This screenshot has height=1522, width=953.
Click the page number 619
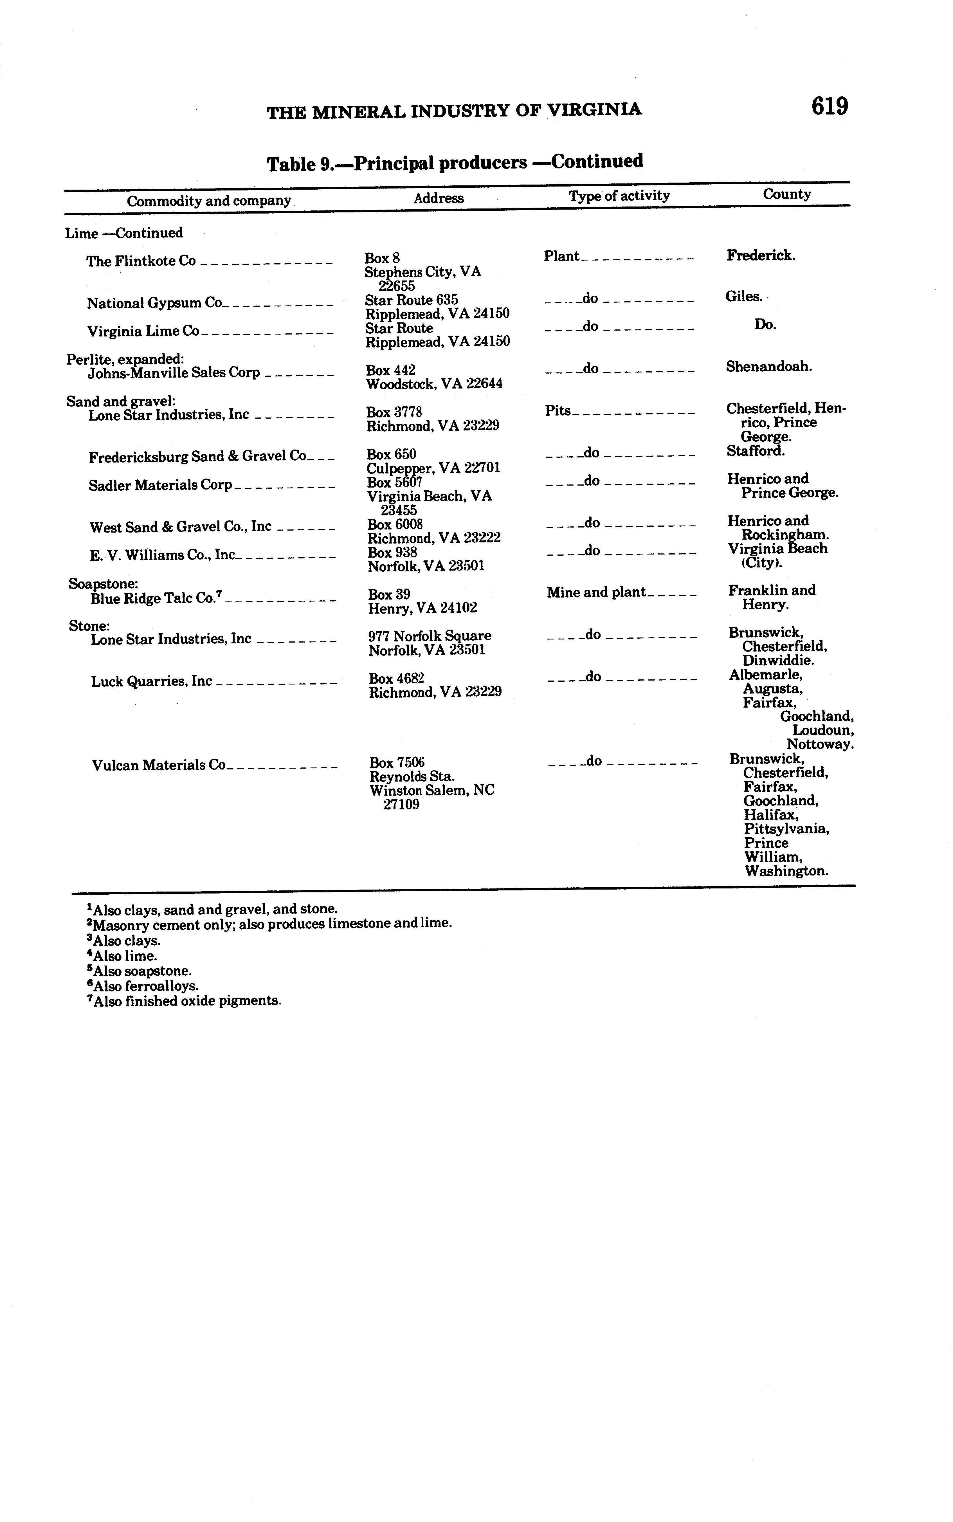(830, 106)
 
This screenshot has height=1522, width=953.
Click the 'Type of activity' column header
(619, 196)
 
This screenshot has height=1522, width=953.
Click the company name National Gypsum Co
(154, 303)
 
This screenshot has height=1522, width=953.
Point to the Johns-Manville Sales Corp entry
(173, 372)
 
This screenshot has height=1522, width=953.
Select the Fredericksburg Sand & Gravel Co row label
(197, 456)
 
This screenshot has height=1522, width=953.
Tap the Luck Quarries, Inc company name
(151, 681)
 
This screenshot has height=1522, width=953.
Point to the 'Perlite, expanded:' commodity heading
(125, 359)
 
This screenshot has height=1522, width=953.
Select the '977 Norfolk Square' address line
(430, 636)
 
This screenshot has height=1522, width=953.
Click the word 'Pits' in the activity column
(558, 411)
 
